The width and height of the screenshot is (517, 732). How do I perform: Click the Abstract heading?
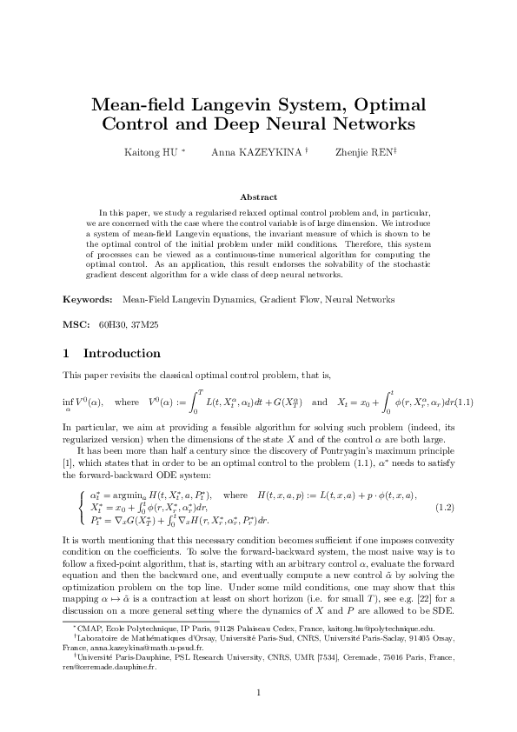[258, 197]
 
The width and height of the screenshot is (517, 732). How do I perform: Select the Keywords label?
[87, 299]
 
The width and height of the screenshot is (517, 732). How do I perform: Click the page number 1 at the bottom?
[258, 692]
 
